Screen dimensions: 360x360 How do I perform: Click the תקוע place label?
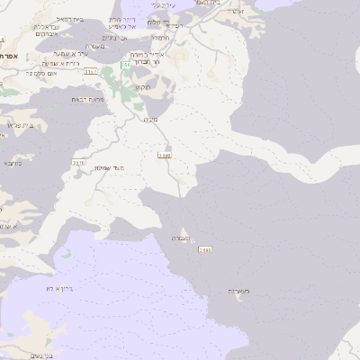pos(142,86)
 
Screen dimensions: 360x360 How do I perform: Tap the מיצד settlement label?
pos(150,118)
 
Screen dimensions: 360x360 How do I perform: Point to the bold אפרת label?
pos(9,56)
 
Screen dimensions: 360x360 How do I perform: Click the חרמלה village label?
pos(161,38)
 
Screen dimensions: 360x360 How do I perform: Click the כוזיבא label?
pos(13,163)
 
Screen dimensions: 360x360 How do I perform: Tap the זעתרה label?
pos(235,11)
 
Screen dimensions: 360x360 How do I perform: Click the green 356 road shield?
pos(125,65)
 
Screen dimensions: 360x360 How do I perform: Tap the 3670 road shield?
pos(78,163)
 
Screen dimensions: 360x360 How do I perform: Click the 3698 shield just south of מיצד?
pos(165,156)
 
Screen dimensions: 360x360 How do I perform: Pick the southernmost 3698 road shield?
pos(205,249)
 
